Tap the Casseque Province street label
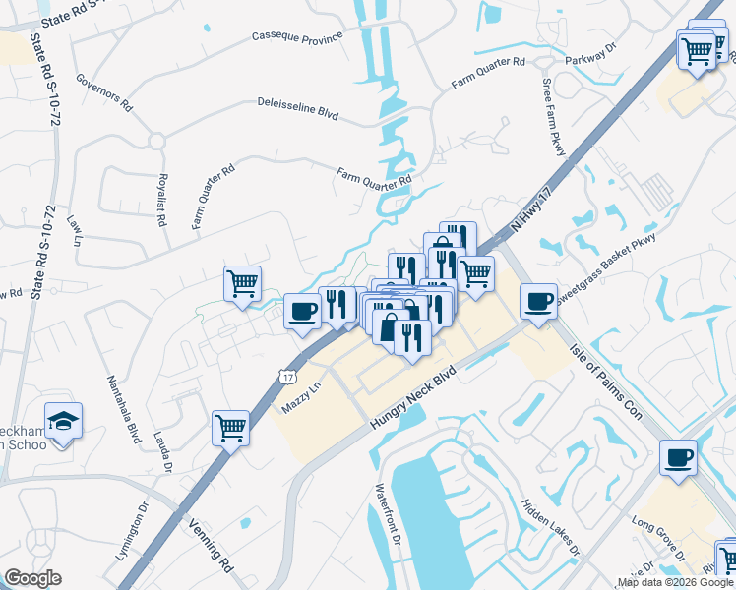point(297,36)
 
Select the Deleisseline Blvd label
point(297,108)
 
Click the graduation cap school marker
point(64,421)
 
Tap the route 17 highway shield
point(286,377)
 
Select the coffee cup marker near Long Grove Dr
point(679,457)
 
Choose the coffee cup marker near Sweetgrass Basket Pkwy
point(538,301)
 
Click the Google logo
point(32,578)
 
